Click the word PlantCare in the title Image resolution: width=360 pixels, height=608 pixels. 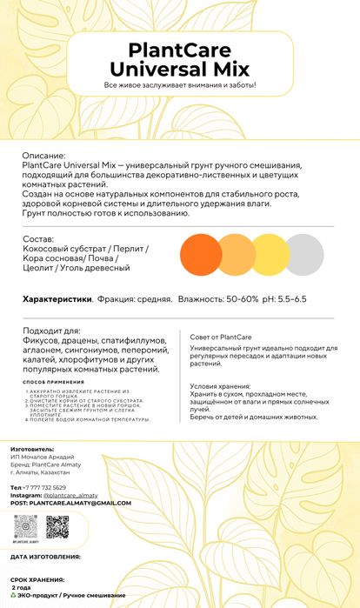[179, 50]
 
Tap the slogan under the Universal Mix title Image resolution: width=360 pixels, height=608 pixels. [180, 85]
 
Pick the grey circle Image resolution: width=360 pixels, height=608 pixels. [303, 252]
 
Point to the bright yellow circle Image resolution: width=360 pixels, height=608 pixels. [268, 252]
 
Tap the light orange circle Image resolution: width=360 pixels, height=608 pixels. [232, 252]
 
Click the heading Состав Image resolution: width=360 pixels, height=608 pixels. [39, 238]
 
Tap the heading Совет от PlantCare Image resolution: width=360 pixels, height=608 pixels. [216, 337]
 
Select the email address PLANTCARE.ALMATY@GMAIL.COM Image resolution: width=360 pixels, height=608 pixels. [79, 503]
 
